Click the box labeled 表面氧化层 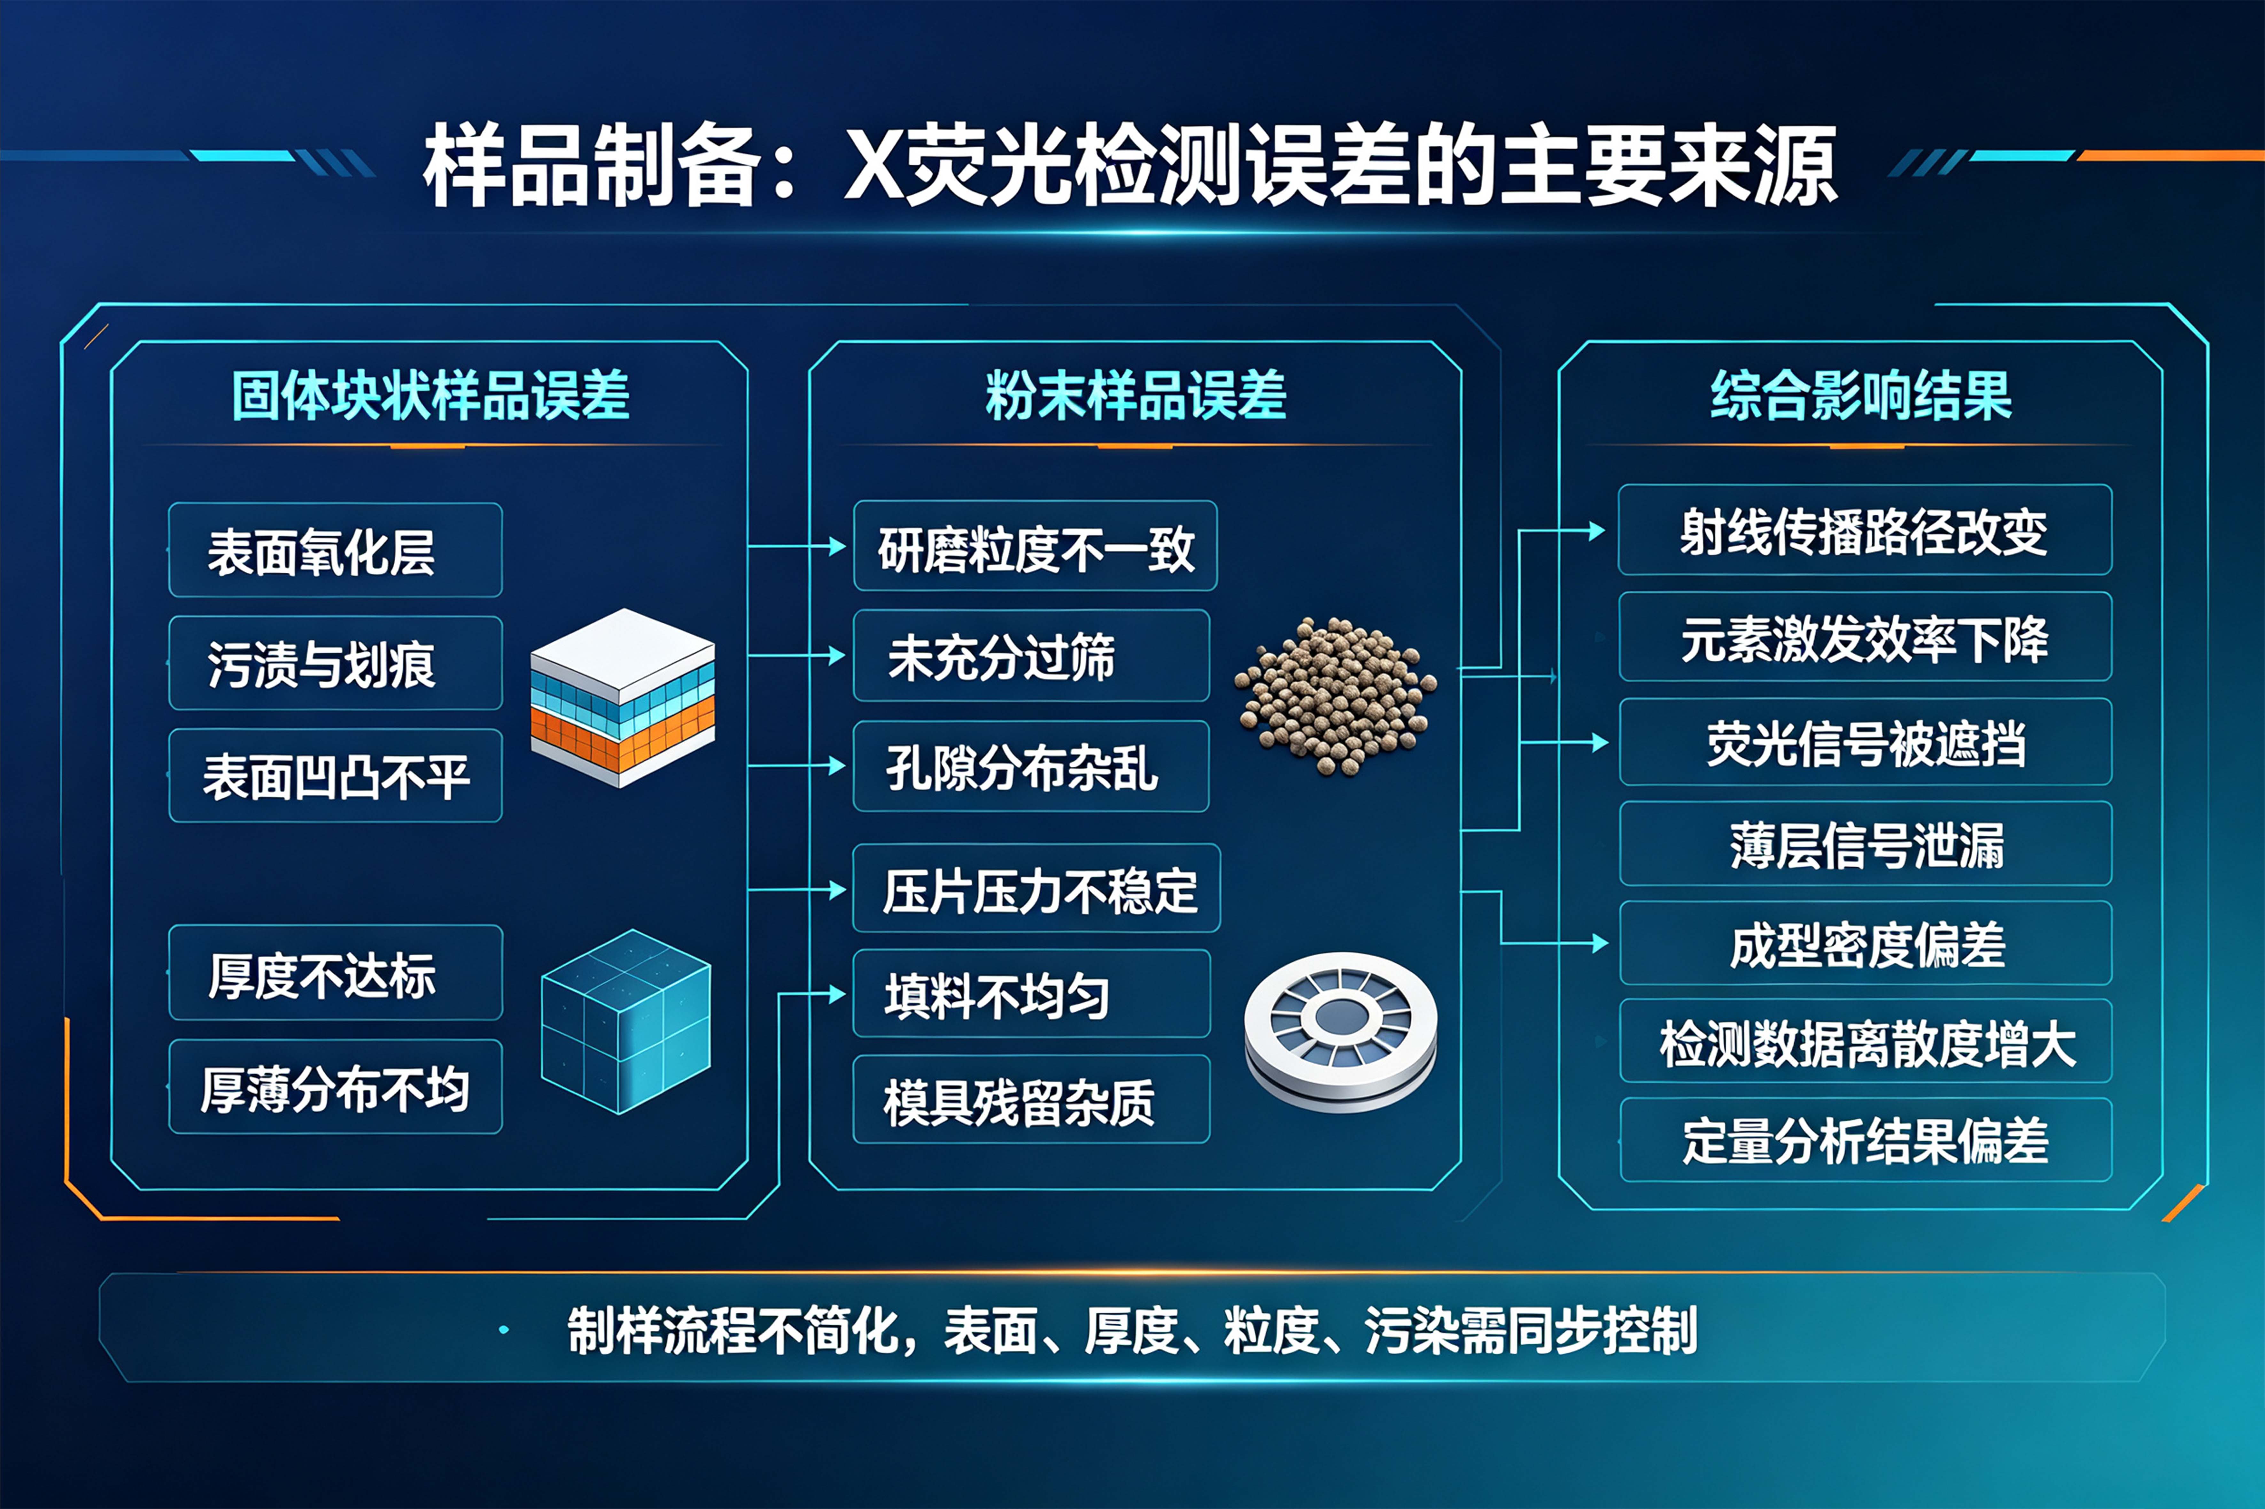(x=335, y=549)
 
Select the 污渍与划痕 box (x=335, y=663)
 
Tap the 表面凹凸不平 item (x=335, y=776)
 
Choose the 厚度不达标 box (x=335, y=972)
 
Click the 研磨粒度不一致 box (x=1035, y=546)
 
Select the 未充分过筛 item (x=1031, y=655)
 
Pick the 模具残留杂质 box (x=1031, y=1099)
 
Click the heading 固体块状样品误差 (x=430, y=395)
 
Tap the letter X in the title (x=873, y=165)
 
